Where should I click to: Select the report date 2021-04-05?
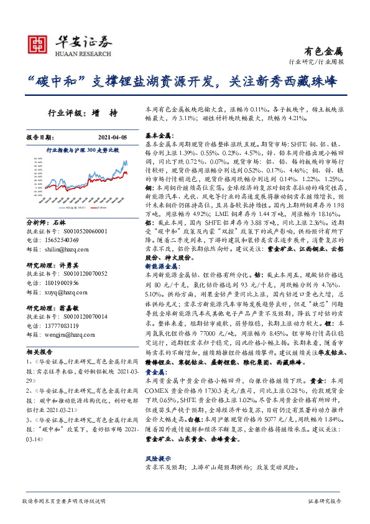click(115, 137)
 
